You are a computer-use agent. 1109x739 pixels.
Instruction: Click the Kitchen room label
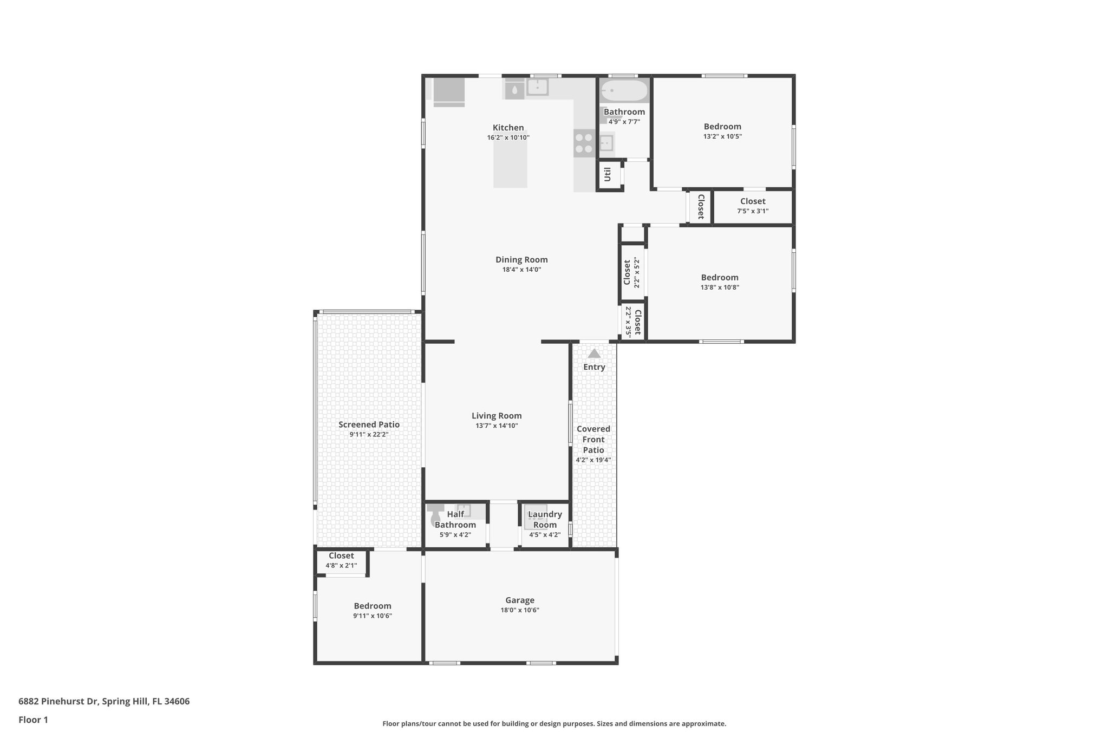508,128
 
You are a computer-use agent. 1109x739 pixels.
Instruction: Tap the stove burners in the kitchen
584,143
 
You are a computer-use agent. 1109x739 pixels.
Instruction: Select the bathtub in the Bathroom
624,91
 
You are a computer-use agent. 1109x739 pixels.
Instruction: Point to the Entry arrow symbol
594,354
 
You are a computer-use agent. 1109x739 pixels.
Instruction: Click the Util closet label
608,174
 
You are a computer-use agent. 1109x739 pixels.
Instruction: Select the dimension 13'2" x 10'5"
722,136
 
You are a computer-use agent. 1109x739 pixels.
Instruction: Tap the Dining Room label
521,260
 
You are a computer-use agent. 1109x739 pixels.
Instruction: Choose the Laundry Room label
545,519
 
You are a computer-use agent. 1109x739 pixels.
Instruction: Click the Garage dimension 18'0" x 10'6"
520,610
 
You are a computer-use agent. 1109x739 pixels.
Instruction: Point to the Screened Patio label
369,424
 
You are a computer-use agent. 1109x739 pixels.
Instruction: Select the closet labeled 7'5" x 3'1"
753,206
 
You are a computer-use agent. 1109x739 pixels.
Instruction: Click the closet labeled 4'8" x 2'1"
341,560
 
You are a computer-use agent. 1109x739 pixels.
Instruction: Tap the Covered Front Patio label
593,439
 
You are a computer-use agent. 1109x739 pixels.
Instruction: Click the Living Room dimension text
497,426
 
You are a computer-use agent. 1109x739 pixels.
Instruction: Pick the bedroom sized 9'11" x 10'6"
373,611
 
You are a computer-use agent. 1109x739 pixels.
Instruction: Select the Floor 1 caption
33,720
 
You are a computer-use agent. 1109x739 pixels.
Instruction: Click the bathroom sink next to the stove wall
606,143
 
